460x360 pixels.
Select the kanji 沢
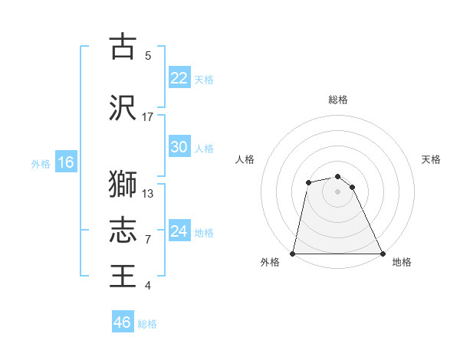click(123, 108)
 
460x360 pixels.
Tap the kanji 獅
click(123, 185)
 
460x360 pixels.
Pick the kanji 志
click(123, 229)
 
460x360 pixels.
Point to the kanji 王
click(123, 275)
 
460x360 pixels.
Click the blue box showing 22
click(179, 78)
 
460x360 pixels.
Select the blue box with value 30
click(179, 147)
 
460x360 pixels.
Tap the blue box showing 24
click(179, 231)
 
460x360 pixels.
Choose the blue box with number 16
click(65, 162)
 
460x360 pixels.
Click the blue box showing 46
click(123, 322)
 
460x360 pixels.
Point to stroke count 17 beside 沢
click(148, 117)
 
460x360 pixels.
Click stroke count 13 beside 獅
click(148, 194)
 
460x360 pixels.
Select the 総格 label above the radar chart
click(338, 100)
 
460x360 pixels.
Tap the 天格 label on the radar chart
click(431, 159)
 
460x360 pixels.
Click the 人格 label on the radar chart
click(245, 159)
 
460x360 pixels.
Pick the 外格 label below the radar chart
click(270, 262)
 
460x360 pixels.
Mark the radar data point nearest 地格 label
click(382, 254)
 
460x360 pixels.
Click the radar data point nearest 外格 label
click(293, 254)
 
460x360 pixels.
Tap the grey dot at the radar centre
click(337, 191)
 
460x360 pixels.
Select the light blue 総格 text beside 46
click(147, 324)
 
